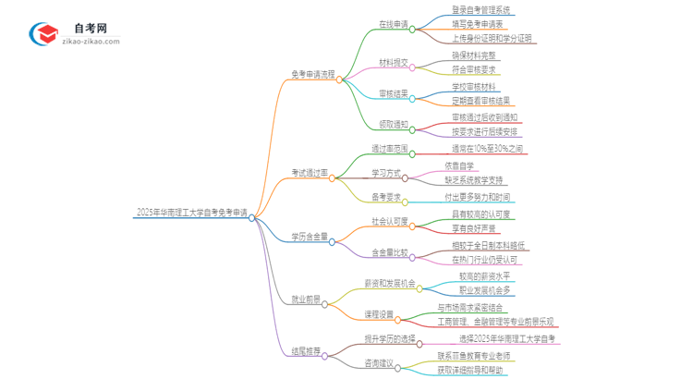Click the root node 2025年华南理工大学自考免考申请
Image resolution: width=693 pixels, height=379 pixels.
click(x=191, y=213)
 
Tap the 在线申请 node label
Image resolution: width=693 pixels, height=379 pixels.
click(x=394, y=25)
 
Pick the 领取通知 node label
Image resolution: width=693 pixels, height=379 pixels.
click(x=393, y=124)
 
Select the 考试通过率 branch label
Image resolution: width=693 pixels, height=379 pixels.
click(x=310, y=173)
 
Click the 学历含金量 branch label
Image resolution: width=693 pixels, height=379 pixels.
click(x=310, y=236)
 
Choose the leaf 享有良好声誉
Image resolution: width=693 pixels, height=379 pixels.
click(x=473, y=228)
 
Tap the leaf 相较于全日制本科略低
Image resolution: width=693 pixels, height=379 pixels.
click(x=489, y=245)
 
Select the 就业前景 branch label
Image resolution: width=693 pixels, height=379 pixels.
click(x=306, y=300)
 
